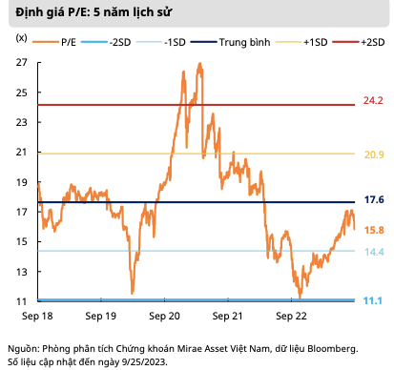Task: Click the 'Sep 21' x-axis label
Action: (x=228, y=313)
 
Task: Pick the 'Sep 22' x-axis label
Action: (x=291, y=313)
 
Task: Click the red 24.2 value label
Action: (x=373, y=101)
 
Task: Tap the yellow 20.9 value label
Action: (x=373, y=154)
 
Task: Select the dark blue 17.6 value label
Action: (x=373, y=200)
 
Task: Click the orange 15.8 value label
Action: (x=373, y=230)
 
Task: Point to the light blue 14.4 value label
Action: (x=373, y=252)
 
